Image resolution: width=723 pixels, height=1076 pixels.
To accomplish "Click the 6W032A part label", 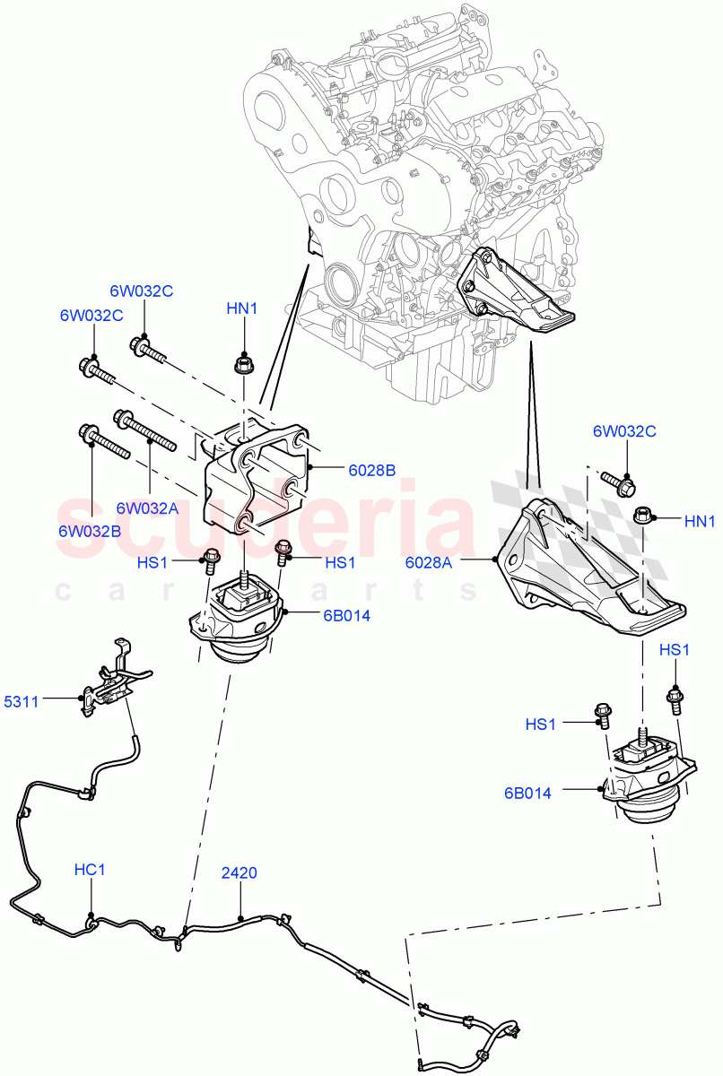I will coord(148,508).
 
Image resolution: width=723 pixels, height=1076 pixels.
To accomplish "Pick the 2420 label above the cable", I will coord(240,871).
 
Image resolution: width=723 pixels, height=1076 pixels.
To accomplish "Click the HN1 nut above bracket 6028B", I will coord(242,364).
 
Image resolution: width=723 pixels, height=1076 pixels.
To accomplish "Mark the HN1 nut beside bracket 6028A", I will coord(641,516).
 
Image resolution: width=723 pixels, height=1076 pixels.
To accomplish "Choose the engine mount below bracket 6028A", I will coord(650,776).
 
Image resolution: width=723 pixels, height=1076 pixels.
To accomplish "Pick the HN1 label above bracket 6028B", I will coord(241,308).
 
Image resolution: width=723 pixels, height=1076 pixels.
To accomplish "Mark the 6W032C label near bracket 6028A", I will coord(624,431).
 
